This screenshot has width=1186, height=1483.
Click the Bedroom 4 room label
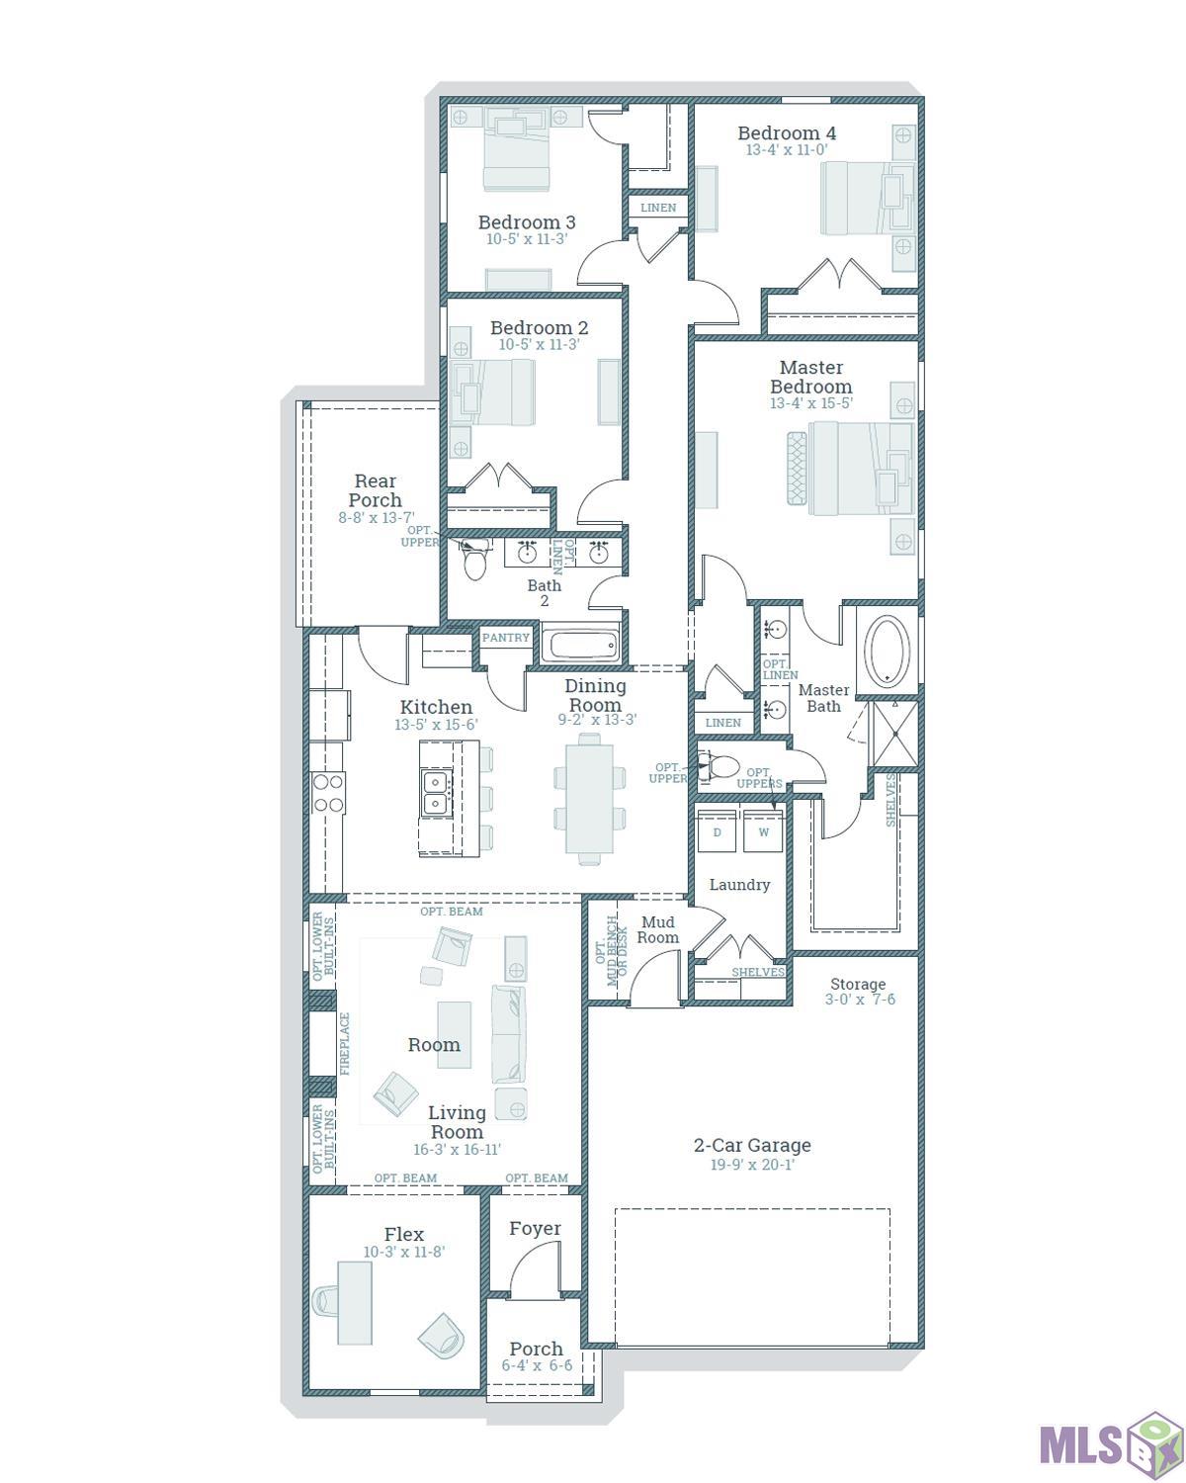click(787, 133)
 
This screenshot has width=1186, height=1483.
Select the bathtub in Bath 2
click(581, 647)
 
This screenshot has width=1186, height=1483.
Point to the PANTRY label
click(506, 638)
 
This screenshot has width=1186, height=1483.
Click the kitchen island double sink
click(435, 793)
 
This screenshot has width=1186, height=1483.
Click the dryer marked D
click(718, 831)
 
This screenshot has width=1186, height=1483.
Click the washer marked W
click(763, 831)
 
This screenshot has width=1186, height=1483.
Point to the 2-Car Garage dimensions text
click(752, 1165)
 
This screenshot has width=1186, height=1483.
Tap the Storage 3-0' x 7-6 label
click(858, 991)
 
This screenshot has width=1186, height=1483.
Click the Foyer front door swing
click(535, 1268)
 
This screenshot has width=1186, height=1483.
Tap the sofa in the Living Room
click(509, 1033)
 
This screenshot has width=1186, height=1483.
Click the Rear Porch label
click(375, 490)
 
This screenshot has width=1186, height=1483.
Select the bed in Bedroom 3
click(516, 150)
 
